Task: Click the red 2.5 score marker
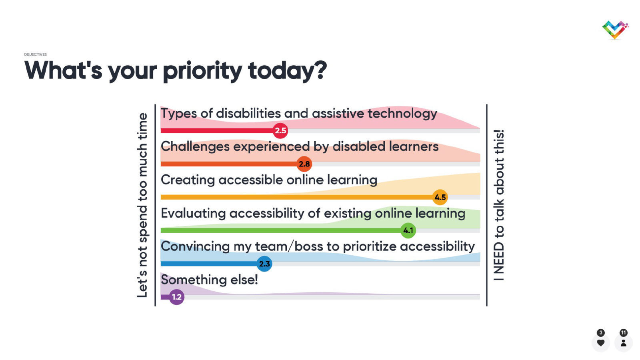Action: pos(280,130)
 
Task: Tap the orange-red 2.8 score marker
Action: pos(304,164)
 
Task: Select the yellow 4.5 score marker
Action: pos(440,197)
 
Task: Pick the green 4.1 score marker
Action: pos(408,230)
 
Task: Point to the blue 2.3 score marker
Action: pos(264,264)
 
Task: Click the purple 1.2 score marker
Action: pos(176,297)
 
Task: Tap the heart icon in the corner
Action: pos(600,343)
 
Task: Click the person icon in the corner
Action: pos(624,343)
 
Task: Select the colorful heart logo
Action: pos(615,30)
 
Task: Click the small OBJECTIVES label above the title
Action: pos(35,54)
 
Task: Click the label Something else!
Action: pos(209,280)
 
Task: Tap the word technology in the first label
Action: pos(402,114)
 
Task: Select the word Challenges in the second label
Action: pos(195,146)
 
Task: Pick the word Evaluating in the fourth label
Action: pos(193,214)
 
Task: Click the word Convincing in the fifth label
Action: pos(195,246)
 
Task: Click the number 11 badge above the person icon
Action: pos(624,332)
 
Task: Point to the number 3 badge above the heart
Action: pos(601,332)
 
